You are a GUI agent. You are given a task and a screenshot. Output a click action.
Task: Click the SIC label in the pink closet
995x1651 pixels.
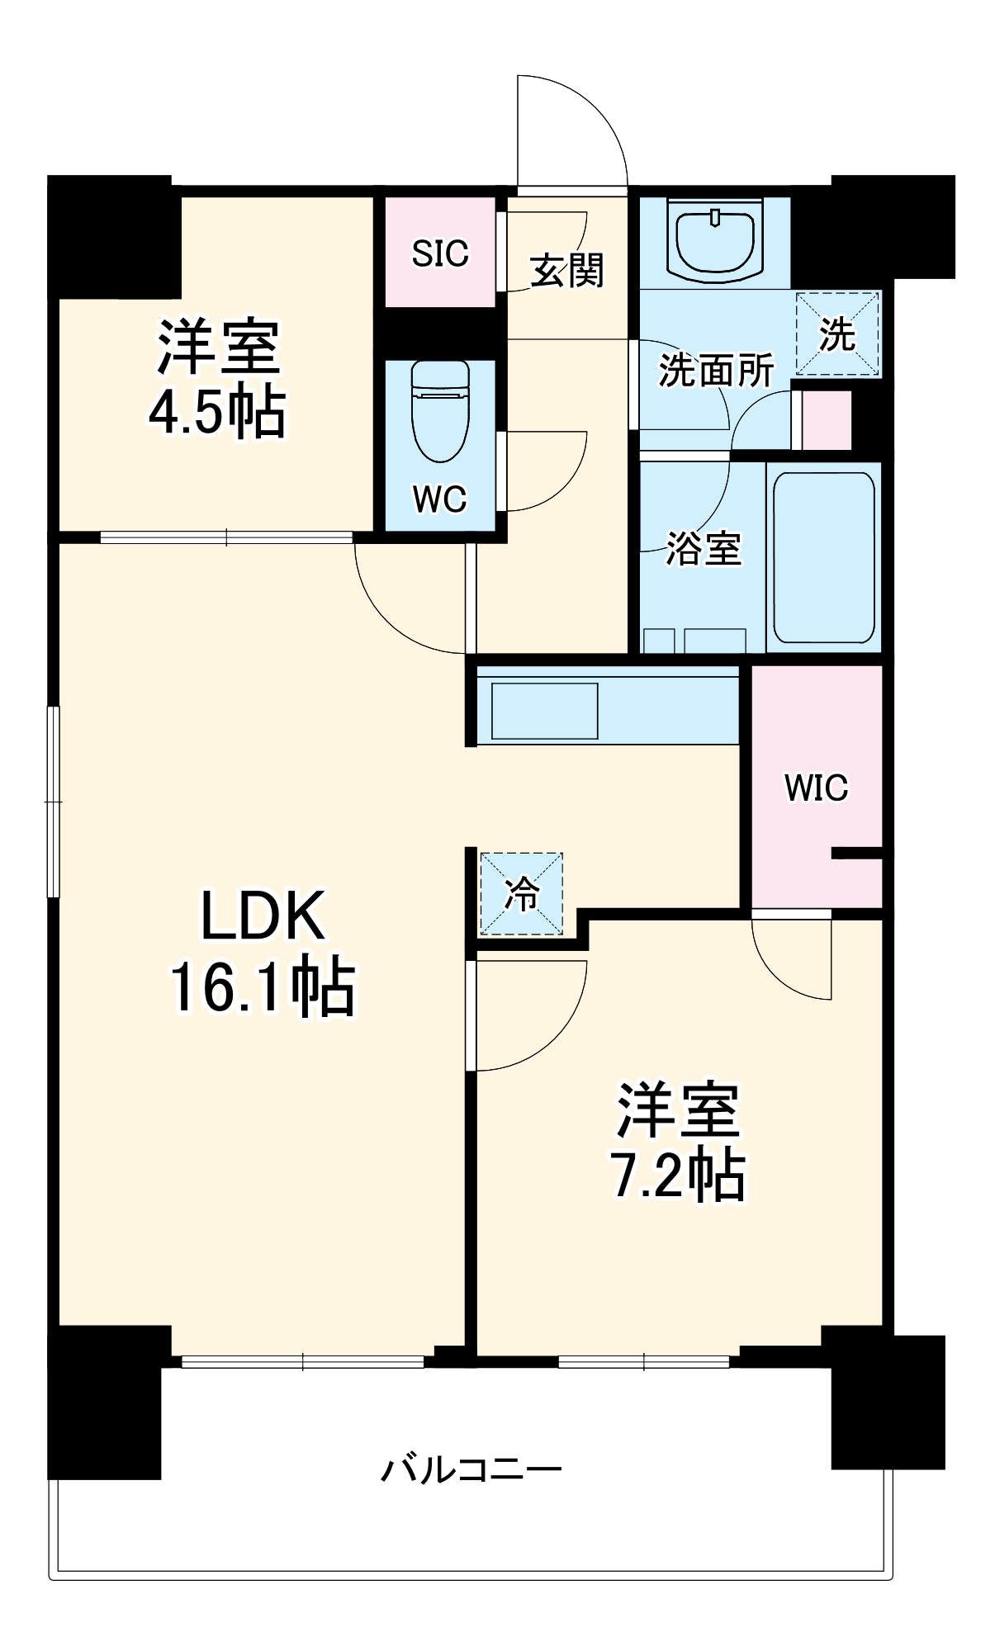point(440,253)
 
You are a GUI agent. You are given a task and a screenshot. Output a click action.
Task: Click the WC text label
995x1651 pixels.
point(439,499)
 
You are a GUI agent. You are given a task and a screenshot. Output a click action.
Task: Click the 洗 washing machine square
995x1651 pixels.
point(837,334)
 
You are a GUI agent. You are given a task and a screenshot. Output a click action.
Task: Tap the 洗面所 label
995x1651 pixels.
point(715,371)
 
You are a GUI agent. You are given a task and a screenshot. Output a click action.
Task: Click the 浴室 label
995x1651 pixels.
point(704,548)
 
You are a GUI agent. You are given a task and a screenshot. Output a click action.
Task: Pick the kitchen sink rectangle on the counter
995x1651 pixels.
point(544,711)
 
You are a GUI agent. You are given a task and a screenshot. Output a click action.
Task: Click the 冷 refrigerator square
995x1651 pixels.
point(522,894)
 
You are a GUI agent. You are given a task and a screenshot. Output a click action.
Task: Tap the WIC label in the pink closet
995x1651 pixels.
point(816,788)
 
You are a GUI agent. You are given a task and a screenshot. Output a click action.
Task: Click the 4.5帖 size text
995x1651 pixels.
point(217,412)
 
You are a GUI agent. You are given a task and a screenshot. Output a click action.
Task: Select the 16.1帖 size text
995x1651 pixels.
point(263,987)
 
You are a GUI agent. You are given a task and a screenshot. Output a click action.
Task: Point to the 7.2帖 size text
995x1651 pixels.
point(677,1175)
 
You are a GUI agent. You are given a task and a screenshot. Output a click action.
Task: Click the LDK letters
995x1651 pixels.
point(263,916)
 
